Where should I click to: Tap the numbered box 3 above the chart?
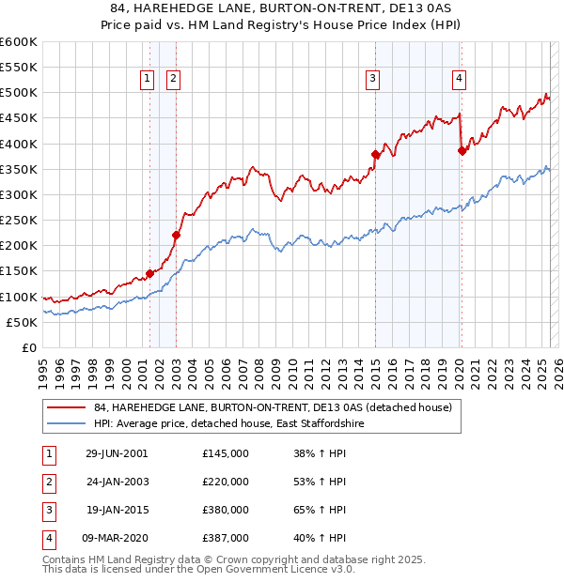click(x=373, y=79)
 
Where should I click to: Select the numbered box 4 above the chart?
click(x=459, y=79)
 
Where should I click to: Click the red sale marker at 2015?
click(x=375, y=154)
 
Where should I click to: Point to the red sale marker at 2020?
click(x=462, y=150)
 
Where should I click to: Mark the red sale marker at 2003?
click(x=176, y=235)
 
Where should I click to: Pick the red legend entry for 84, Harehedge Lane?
click(x=273, y=407)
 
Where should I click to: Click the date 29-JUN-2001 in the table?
click(x=117, y=453)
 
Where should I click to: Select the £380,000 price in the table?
click(x=226, y=512)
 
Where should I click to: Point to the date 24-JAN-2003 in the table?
click(x=117, y=482)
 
